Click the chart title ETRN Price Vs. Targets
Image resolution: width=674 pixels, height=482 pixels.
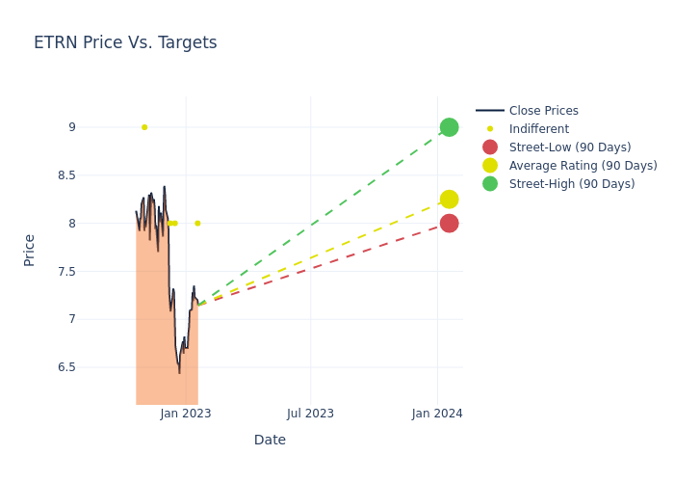(x=125, y=42)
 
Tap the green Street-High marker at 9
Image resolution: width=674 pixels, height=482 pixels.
(x=449, y=127)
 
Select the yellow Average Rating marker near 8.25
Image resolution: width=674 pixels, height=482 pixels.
(x=449, y=200)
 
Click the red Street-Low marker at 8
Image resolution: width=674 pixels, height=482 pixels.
(x=449, y=224)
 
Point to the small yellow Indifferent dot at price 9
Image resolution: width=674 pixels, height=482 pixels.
(x=144, y=127)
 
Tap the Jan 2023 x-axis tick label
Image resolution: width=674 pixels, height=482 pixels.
(x=186, y=414)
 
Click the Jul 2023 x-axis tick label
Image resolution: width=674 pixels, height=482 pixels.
(x=310, y=414)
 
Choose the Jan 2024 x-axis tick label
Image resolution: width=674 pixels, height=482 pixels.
(x=437, y=414)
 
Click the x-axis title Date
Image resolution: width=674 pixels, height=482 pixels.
(x=270, y=440)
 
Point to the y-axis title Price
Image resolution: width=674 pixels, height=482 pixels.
(x=29, y=250)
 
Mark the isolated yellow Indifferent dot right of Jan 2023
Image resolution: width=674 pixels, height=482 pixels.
(x=197, y=224)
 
